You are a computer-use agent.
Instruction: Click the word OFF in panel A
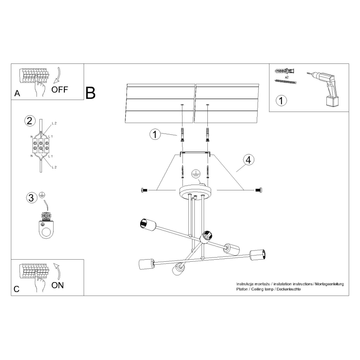pos(60,90)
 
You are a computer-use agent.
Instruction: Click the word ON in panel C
pos(58,285)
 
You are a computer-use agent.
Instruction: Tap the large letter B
pos(90,93)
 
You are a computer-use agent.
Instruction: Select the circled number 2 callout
pos(29,121)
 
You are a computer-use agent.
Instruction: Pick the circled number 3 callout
pos(31,198)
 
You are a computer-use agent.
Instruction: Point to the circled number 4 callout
pos(248,160)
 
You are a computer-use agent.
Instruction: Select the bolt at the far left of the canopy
pos(144,190)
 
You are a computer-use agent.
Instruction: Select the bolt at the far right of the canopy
pos(258,190)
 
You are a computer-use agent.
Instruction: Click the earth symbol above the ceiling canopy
pos(195,174)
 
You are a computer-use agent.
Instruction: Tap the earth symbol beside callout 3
pos(41,195)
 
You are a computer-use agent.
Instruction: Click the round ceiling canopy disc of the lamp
pos(195,191)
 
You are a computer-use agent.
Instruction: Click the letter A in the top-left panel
pos(17,93)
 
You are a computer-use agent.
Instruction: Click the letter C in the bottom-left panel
pos(17,289)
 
